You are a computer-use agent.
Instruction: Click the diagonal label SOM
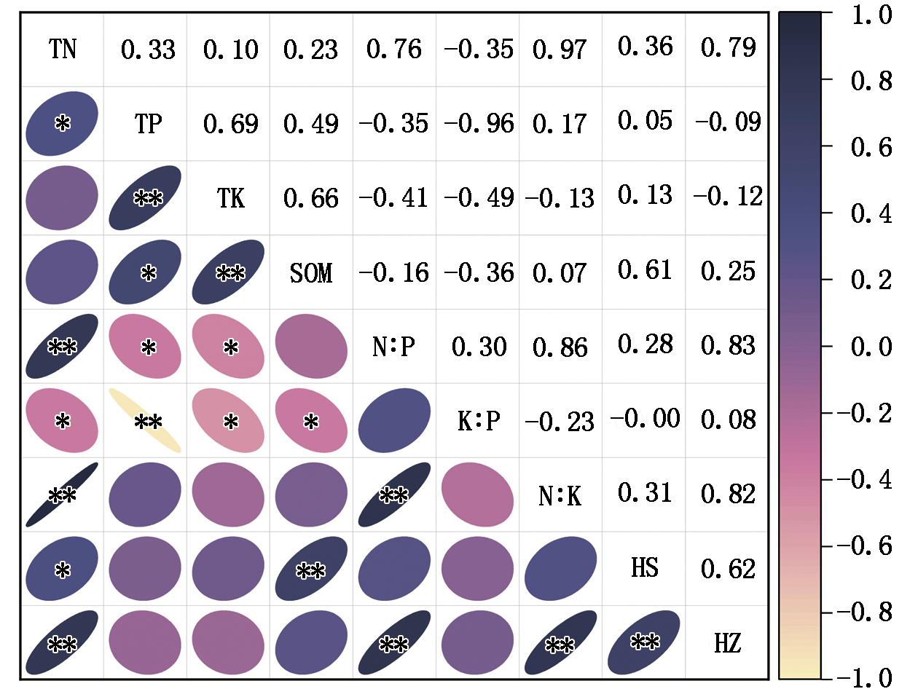311,273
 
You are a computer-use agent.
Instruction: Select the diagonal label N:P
394,347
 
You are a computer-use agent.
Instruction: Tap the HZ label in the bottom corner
727,643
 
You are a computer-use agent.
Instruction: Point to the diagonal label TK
230,198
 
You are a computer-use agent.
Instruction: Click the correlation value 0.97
560,50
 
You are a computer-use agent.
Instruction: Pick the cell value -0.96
479,124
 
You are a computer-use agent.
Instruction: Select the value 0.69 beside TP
230,124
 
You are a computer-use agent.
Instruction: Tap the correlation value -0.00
645,419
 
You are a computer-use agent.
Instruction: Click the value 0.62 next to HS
728,569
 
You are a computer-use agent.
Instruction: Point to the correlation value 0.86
560,347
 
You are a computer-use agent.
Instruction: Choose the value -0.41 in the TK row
393,198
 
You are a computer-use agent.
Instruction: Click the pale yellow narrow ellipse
145,421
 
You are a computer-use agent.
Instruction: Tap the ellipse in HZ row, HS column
644,642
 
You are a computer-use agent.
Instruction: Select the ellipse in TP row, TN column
62,123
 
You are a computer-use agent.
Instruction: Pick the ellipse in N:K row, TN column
62,495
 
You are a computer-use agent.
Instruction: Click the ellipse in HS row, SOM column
311,569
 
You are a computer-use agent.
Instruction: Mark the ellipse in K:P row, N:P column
394,421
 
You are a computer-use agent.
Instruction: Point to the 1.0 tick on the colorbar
871,15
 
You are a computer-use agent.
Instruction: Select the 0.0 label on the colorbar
871,347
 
